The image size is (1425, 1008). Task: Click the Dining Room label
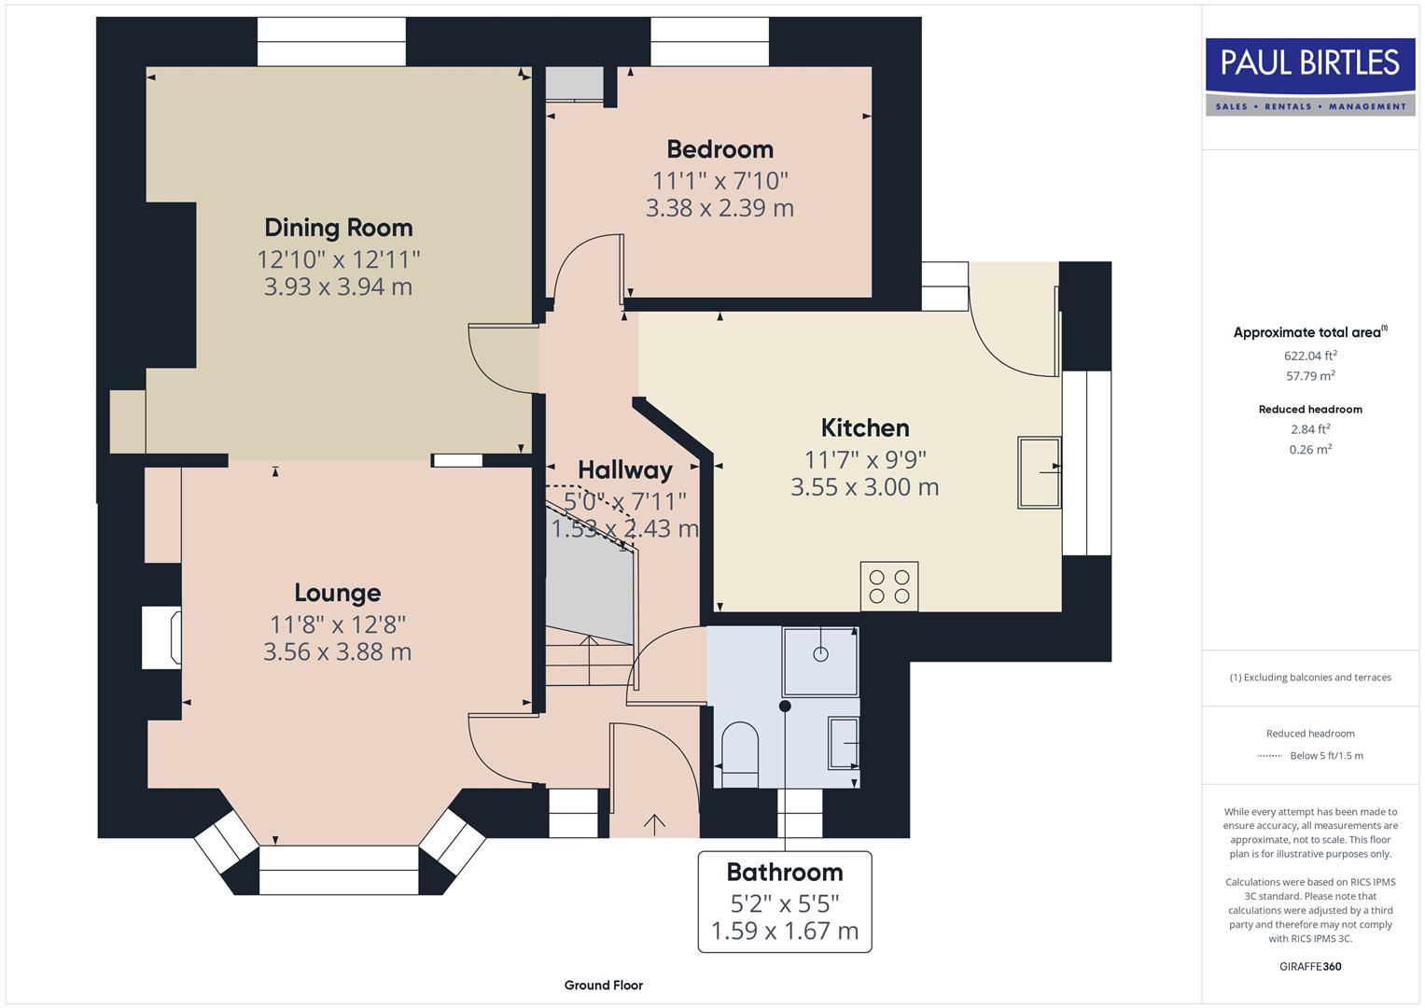[x=338, y=228]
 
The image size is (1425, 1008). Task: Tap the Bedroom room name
[x=719, y=149]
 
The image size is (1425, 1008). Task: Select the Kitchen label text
[x=865, y=428]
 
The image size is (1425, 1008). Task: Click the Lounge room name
[x=337, y=593]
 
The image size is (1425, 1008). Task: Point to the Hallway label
[x=624, y=469]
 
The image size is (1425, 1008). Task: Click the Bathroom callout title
[x=785, y=873]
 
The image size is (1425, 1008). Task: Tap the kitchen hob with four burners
[x=889, y=586]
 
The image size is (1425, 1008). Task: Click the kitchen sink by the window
[x=1039, y=472]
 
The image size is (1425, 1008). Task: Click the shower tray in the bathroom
[x=820, y=661]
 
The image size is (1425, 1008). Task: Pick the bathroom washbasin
[x=844, y=743]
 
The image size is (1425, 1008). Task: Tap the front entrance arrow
[x=654, y=823]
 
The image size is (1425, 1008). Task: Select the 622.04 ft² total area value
[x=1310, y=356]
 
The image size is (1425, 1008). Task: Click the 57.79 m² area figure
[x=1310, y=376]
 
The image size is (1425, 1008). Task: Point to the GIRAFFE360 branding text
[x=1310, y=966]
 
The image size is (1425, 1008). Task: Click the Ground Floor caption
[x=603, y=985]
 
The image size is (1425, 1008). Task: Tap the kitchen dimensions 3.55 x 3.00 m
[x=864, y=487]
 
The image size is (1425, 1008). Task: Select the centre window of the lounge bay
[x=338, y=870]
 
